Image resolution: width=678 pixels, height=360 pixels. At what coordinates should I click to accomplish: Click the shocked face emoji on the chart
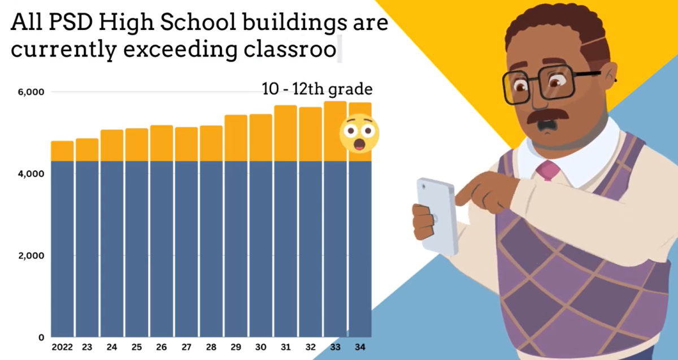(x=359, y=133)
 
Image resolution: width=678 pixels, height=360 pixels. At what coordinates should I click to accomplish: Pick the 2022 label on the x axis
(x=62, y=347)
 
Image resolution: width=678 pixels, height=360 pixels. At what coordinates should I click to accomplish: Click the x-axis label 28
(x=211, y=347)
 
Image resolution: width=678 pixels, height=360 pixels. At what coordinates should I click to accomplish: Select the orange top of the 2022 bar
(x=62, y=151)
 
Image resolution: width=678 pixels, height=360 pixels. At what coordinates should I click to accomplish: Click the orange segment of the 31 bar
(x=285, y=133)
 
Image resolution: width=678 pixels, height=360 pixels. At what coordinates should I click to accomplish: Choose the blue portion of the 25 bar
(x=137, y=249)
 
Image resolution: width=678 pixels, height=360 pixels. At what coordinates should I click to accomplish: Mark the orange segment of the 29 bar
(x=236, y=138)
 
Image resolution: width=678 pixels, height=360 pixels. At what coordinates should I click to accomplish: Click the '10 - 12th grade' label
(x=317, y=89)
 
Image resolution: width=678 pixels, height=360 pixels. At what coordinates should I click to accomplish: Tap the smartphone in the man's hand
(x=436, y=215)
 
